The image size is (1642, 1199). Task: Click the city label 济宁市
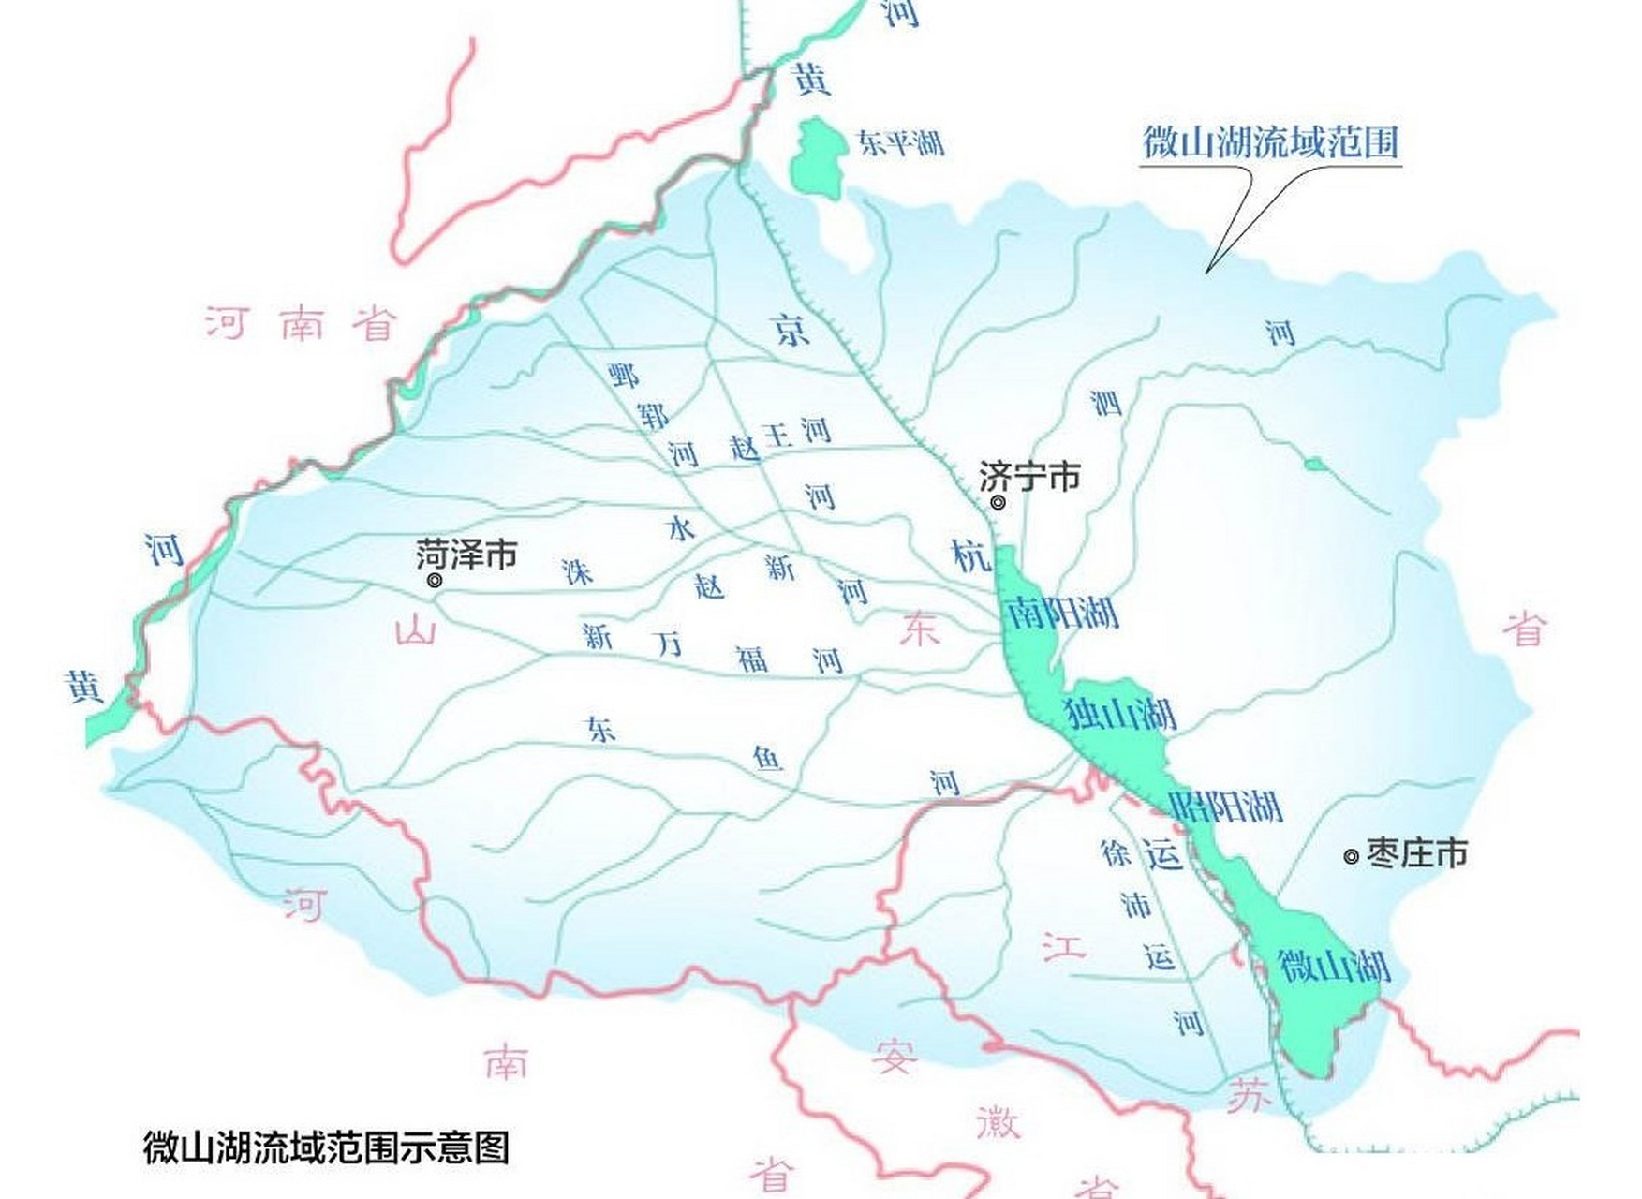1029,477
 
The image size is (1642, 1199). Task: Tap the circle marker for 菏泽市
435,581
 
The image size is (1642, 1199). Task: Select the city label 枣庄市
1416,853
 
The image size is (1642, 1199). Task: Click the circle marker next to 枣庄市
1351,856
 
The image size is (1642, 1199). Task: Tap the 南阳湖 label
1062,614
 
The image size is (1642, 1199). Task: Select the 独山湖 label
1120,715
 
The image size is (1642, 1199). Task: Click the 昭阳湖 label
1226,806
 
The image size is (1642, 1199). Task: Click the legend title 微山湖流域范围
1270,142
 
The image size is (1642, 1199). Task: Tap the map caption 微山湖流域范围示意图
326,1147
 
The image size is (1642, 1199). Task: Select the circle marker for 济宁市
999,503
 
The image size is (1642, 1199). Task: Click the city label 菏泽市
466,555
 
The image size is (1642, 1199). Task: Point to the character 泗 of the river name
1105,403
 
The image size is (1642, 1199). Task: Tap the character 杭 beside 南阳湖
970,556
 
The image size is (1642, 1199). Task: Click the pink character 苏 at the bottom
1250,1094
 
